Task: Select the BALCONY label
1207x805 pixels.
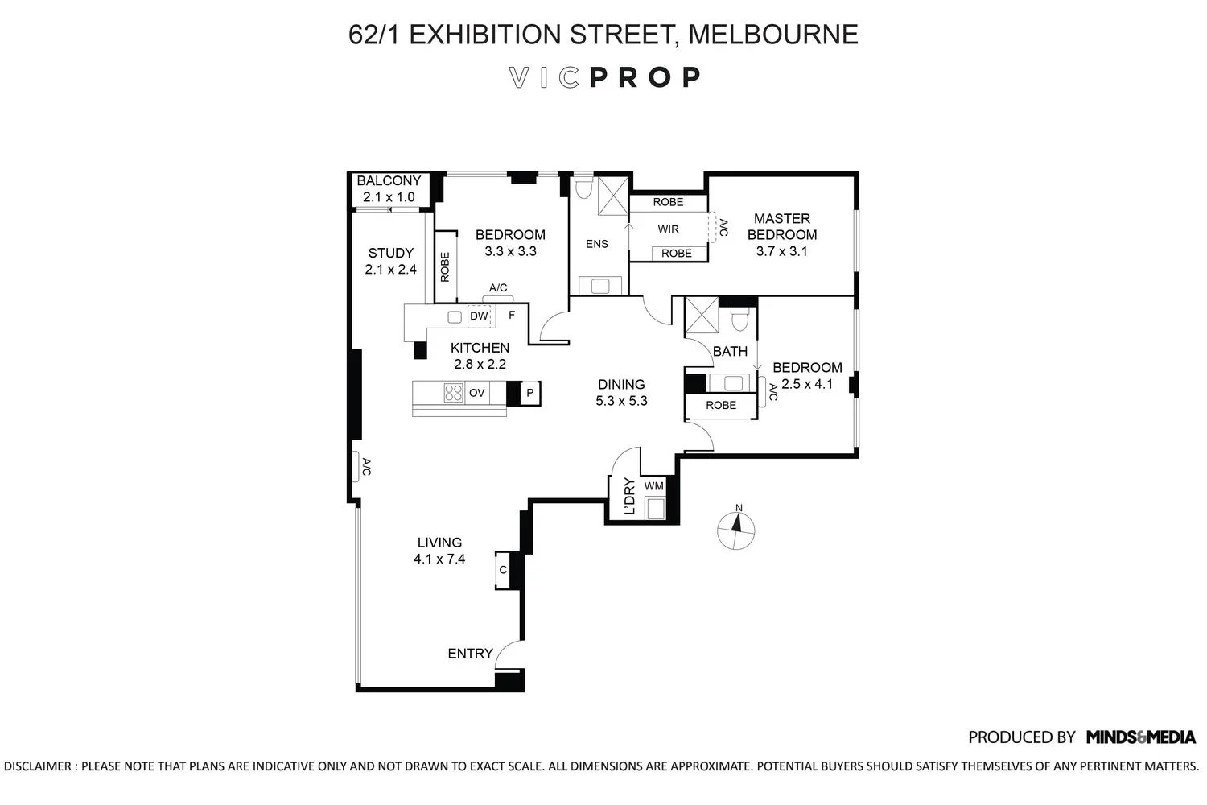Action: click(x=389, y=181)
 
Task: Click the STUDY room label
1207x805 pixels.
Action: click(x=390, y=253)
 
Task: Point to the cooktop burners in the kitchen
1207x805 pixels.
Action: click(x=453, y=393)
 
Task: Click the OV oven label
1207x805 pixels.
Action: click(x=477, y=393)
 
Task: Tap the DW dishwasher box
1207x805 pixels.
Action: click(x=479, y=316)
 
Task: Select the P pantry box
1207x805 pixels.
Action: click(x=529, y=393)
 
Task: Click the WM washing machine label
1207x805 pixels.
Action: click(x=653, y=485)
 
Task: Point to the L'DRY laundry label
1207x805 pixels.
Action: click(x=629, y=497)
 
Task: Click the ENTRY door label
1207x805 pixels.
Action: click(x=470, y=654)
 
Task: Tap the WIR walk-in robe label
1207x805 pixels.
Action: click(x=668, y=229)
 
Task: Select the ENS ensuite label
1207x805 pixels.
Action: click(x=597, y=244)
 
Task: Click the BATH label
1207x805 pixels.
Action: click(x=730, y=351)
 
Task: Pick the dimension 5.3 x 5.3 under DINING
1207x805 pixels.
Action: click(x=621, y=401)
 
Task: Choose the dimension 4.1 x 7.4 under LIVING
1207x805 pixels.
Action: click(x=439, y=559)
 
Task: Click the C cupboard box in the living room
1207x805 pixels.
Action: click(x=503, y=570)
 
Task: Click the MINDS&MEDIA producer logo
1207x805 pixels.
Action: click(x=1140, y=737)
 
